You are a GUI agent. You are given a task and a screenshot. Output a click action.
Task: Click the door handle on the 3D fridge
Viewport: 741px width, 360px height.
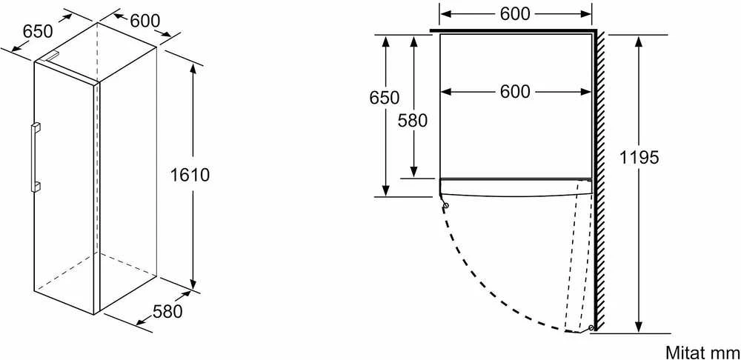click(35, 157)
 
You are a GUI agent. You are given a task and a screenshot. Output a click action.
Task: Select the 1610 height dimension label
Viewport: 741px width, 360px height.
click(190, 176)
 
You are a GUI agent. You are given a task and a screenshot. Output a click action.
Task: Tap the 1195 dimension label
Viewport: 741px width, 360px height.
click(639, 158)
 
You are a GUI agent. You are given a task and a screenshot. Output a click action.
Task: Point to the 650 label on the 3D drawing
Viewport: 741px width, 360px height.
click(37, 32)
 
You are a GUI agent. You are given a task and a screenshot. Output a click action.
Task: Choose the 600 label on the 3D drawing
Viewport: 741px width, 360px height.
click(145, 21)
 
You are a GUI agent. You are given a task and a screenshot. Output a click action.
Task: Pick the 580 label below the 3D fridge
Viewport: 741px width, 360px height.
click(167, 312)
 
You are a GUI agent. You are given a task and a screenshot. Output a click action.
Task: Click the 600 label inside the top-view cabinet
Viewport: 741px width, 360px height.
click(515, 92)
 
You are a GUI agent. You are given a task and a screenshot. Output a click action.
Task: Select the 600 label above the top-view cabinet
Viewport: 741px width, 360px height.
click(515, 14)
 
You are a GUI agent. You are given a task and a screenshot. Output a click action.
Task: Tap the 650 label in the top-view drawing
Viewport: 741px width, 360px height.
click(384, 98)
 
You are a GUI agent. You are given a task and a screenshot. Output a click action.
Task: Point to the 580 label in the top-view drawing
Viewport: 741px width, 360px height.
click(413, 121)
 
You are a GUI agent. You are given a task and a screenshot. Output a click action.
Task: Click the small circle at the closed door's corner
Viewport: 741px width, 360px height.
click(445, 205)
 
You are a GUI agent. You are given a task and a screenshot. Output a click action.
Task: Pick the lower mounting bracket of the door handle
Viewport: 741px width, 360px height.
click(35, 187)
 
